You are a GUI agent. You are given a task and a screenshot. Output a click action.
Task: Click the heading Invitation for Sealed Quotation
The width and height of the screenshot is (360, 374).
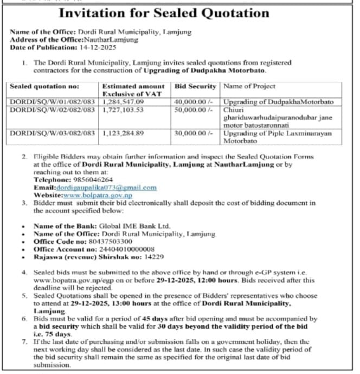(179, 13)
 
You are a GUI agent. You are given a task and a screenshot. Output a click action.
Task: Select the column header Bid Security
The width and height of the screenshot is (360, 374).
(195, 86)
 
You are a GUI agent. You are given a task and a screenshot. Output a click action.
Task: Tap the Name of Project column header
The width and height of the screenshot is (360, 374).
(249, 86)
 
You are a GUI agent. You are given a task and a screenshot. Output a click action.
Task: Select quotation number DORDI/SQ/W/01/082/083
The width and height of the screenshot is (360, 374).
(53, 101)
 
